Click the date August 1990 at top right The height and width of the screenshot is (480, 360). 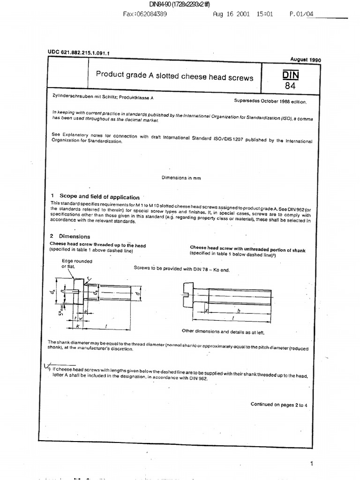[305, 60]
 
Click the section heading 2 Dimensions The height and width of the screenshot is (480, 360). [70, 236]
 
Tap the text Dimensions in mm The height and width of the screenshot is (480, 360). [181, 178]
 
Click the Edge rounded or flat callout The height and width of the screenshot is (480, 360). [76, 263]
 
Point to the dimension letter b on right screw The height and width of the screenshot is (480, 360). [239, 310]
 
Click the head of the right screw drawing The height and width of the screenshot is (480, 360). [194, 295]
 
